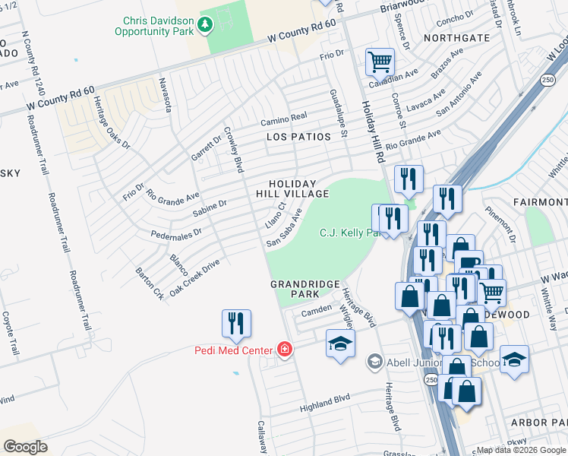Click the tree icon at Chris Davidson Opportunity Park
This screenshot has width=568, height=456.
click(x=204, y=25)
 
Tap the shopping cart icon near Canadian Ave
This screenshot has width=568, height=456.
click(x=379, y=61)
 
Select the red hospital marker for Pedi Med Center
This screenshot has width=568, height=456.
click(x=285, y=350)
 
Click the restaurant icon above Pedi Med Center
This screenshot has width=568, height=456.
click(x=236, y=323)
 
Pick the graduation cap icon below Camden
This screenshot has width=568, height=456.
click(x=340, y=343)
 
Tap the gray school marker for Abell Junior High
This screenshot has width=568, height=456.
click(x=374, y=362)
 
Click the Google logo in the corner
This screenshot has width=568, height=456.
click(x=25, y=447)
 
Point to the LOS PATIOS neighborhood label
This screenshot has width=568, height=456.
click(x=298, y=137)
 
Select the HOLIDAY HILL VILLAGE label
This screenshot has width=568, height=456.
click(x=292, y=188)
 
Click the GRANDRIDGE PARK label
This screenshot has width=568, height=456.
click(x=305, y=288)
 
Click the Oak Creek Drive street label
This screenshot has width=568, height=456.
click(x=194, y=277)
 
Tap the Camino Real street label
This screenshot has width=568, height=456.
click(x=283, y=119)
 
